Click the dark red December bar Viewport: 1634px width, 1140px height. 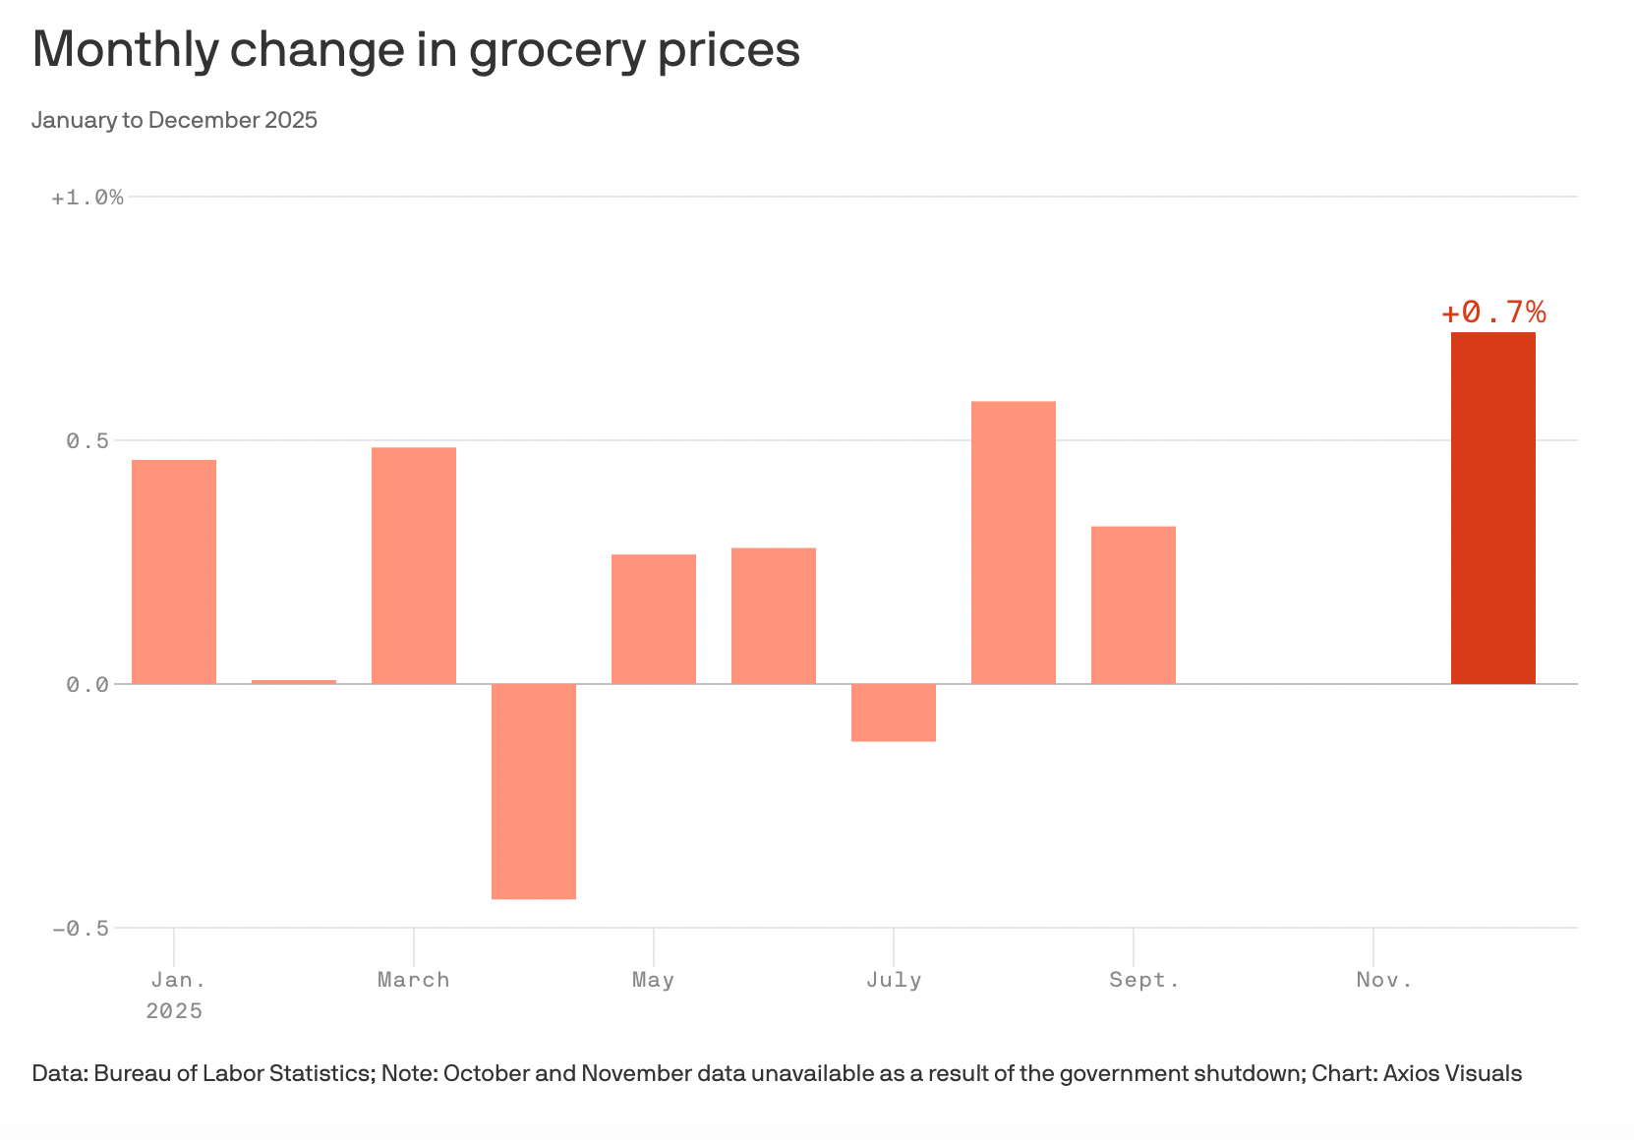[1492, 508]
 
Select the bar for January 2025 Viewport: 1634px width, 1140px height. [174, 571]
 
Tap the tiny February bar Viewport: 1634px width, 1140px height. [294, 681]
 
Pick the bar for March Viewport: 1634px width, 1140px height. [414, 565]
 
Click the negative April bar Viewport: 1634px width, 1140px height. [534, 791]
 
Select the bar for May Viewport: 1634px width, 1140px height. [654, 619]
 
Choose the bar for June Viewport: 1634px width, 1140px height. [774, 615]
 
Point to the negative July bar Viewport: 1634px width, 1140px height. [894, 712]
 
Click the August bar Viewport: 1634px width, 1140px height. [1014, 542]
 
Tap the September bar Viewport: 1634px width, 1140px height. [1134, 604]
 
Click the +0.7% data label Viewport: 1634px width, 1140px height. [1493, 313]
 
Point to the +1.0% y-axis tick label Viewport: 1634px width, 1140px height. [88, 198]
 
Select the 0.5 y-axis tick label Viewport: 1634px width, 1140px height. [88, 441]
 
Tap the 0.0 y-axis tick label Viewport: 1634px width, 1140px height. [88, 684]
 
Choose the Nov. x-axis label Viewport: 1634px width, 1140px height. [1383, 980]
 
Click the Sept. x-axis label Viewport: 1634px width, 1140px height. [1143, 980]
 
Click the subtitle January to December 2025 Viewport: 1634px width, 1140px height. [174, 120]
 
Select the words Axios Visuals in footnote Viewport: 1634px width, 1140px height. [1452, 1073]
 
